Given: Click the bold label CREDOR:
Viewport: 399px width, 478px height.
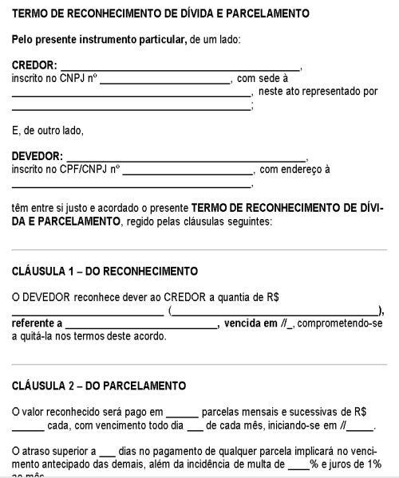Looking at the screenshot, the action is coord(34,66).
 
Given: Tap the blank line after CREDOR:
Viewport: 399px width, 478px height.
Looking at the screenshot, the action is coord(181,69).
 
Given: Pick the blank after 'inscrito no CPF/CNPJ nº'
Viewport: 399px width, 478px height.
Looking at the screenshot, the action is coord(187,170).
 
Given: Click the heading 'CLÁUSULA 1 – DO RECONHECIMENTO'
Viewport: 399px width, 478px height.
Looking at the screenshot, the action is coord(105,271).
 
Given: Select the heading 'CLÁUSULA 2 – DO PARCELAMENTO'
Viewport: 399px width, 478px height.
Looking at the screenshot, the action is coord(99,386).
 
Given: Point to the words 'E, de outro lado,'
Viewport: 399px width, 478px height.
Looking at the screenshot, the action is coord(47,130).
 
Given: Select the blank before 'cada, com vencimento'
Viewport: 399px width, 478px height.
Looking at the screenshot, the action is coord(28,426).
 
